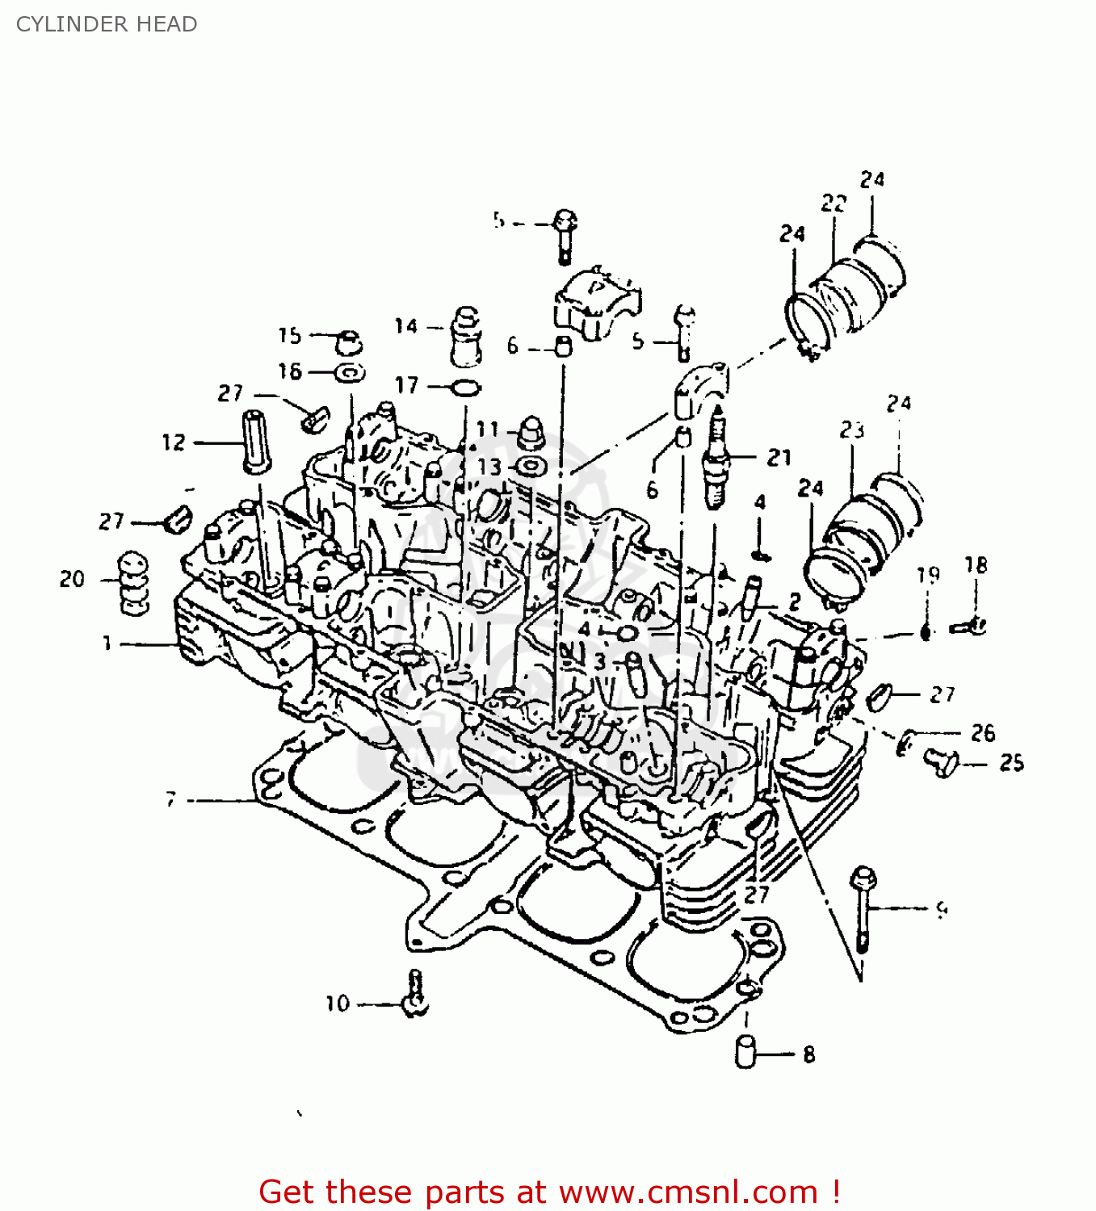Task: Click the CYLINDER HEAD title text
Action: click(107, 24)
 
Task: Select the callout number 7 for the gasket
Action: click(170, 799)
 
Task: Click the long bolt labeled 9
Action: click(863, 909)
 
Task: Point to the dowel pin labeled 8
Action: click(745, 1052)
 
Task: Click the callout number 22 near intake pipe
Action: click(833, 203)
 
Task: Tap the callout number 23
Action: click(851, 430)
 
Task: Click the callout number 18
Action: click(976, 565)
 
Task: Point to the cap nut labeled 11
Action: click(531, 432)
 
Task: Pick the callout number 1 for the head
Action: click(107, 643)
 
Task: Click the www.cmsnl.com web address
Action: click(689, 1192)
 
